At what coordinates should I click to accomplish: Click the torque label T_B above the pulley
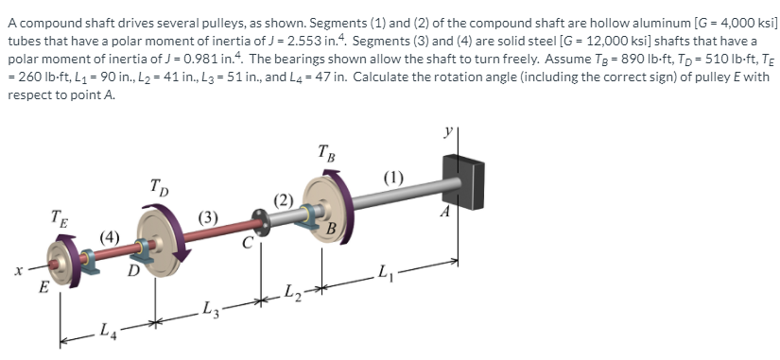[x=324, y=151]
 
